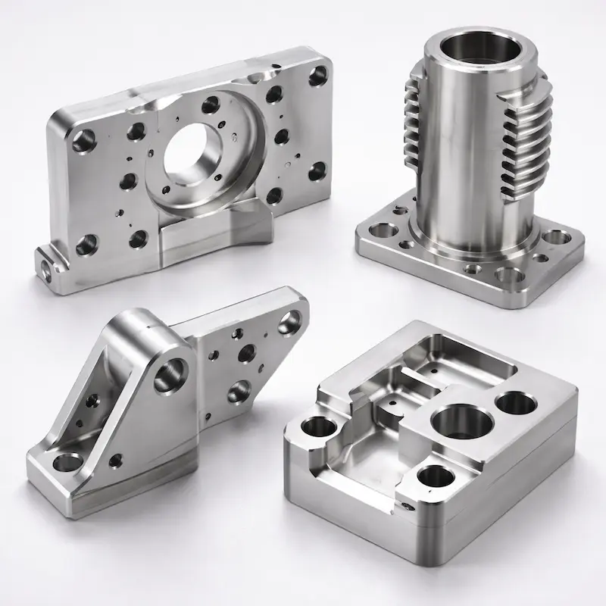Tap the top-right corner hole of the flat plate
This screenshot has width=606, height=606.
(319, 75)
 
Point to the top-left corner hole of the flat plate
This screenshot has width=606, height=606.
(83, 139)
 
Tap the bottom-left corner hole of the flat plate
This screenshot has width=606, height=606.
(87, 244)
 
